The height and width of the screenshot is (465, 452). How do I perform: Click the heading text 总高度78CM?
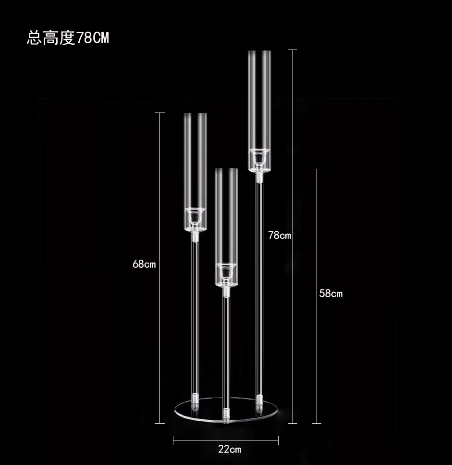(68, 38)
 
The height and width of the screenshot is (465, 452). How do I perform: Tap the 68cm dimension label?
(144, 264)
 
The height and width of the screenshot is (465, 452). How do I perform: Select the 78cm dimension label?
(280, 235)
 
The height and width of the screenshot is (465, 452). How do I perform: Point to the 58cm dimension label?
(331, 293)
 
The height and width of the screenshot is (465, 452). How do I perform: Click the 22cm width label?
(230, 450)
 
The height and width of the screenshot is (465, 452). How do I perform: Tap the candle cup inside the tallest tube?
(259, 156)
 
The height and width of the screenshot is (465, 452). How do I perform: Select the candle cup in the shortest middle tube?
(226, 271)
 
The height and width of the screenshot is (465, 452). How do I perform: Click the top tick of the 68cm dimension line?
(159, 113)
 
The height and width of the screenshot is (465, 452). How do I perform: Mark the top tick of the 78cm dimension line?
(292, 50)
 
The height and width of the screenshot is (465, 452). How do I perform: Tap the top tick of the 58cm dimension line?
(316, 169)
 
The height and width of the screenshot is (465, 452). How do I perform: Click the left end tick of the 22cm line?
(173, 440)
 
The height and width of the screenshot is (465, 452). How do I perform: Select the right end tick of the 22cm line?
(278, 440)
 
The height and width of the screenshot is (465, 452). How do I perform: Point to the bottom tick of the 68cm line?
(159, 423)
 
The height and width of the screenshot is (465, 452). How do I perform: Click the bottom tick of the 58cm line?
(316, 423)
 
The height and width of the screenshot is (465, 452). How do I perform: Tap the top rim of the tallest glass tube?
(259, 50)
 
